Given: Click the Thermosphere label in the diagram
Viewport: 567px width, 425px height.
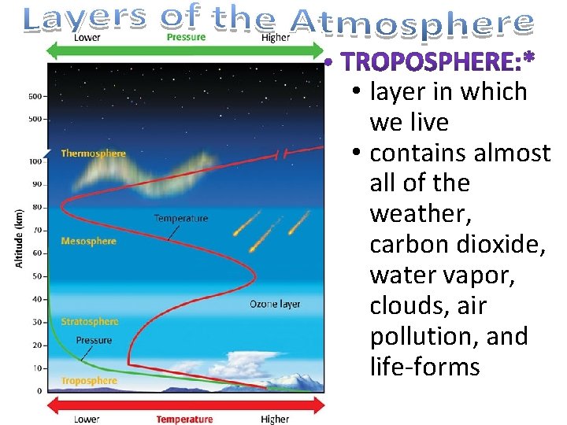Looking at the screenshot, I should pyautogui.click(x=93, y=153).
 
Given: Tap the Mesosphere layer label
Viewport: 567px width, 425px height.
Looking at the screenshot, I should pyautogui.click(x=88, y=242).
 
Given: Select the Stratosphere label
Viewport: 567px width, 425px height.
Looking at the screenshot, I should pyautogui.click(x=90, y=321).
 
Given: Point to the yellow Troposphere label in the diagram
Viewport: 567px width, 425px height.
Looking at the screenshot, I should pyautogui.click(x=88, y=381).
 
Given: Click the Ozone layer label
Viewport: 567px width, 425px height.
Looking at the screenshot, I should pyautogui.click(x=275, y=304).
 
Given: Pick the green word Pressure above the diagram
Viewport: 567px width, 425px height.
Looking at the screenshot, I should pyautogui.click(x=187, y=37).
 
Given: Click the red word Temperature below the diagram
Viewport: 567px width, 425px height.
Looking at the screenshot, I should pyautogui.click(x=184, y=419).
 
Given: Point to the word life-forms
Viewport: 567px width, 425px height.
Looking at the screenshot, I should pyautogui.click(x=424, y=367).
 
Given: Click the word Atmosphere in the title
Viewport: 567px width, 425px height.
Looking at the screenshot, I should pyautogui.click(x=414, y=24).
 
